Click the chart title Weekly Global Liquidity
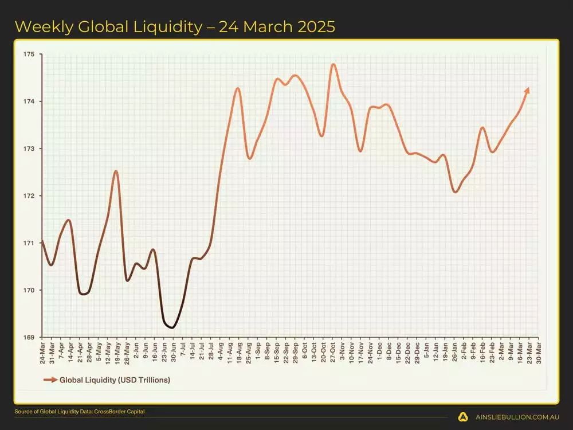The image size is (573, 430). pos(175,26)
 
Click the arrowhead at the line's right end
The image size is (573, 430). pos(527,90)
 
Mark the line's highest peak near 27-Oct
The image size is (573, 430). pos(333,64)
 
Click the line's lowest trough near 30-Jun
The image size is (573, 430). pos(171,327)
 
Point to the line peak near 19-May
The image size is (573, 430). pos(116,171)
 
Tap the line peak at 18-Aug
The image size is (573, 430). pos(238,88)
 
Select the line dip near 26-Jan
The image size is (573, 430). pos(455,191)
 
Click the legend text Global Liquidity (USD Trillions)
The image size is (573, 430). pos(115,380)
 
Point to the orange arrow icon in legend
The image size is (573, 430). pos(50,380)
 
